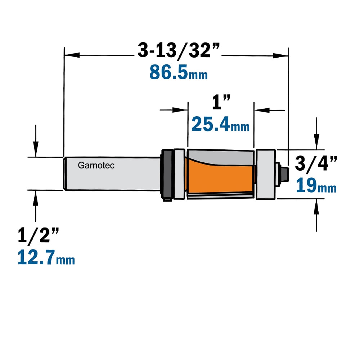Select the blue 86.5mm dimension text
point(179,72)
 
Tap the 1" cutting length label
point(221,102)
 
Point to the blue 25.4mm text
point(220,124)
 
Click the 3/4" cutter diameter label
point(316,163)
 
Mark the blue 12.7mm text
point(46,258)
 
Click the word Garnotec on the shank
point(96,165)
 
